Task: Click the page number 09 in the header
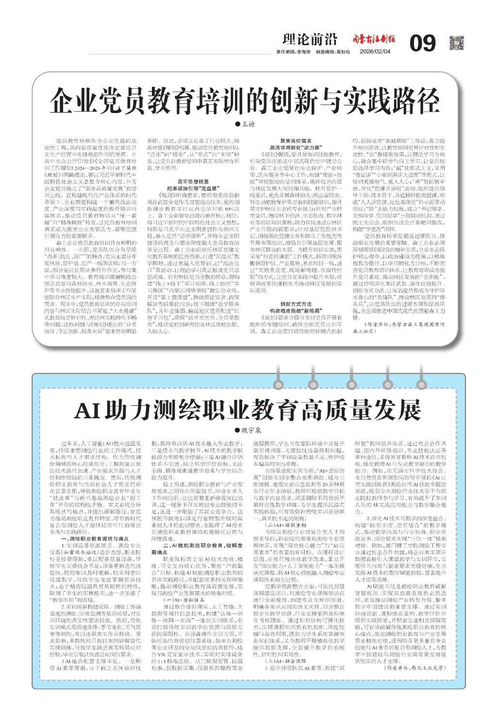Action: click(x=422, y=44)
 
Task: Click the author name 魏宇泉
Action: click(x=251, y=430)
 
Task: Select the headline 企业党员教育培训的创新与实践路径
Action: click(x=244, y=100)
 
